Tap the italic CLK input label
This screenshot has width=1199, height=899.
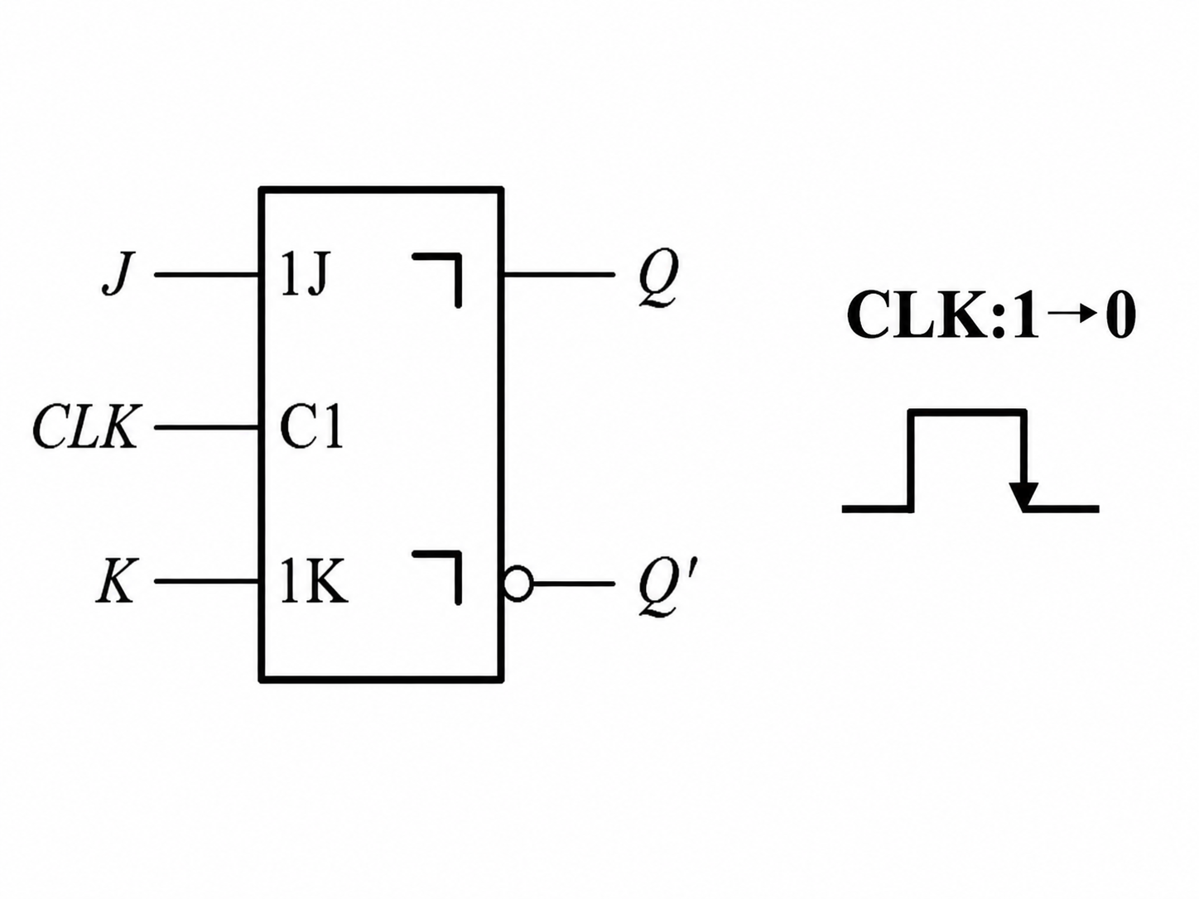click(x=86, y=427)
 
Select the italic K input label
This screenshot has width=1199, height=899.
click(x=116, y=582)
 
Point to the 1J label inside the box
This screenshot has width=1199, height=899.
click(x=305, y=275)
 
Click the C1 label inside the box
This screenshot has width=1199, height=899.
click(x=311, y=428)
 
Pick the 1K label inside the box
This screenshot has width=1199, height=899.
click(x=314, y=582)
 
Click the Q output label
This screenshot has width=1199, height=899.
click(x=659, y=278)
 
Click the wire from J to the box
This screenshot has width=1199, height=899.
click(x=206, y=275)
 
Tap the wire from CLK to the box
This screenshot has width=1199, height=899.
click(x=206, y=427)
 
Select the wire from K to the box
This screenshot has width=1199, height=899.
click(x=206, y=581)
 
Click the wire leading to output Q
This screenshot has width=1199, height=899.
click(x=559, y=274)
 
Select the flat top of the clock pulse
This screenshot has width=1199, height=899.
click(x=968, y=412)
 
